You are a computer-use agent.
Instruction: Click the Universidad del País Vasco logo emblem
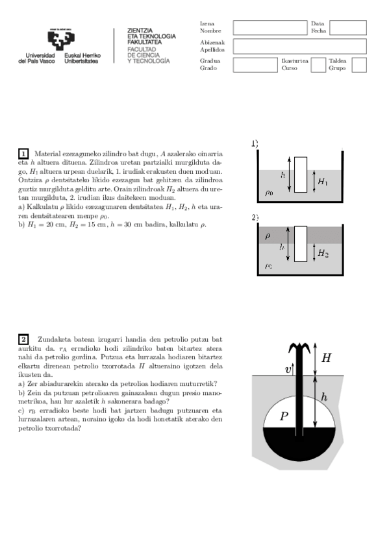(58, 40)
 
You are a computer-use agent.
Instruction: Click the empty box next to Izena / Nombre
(270, 27)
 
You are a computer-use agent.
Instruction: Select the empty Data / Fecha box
(348, 27)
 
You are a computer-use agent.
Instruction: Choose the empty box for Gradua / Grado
(255, 64)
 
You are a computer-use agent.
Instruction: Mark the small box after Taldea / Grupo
(358, 64)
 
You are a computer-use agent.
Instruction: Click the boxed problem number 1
(23, 154)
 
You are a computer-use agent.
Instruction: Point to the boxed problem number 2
(23, 339)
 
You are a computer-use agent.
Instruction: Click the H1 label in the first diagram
(323, 183)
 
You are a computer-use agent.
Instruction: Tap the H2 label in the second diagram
(323, 254)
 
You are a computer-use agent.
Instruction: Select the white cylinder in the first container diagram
(300, 174)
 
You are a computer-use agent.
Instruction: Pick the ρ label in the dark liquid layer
(268, 235)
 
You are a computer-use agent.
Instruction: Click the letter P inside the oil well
(283, 417)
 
